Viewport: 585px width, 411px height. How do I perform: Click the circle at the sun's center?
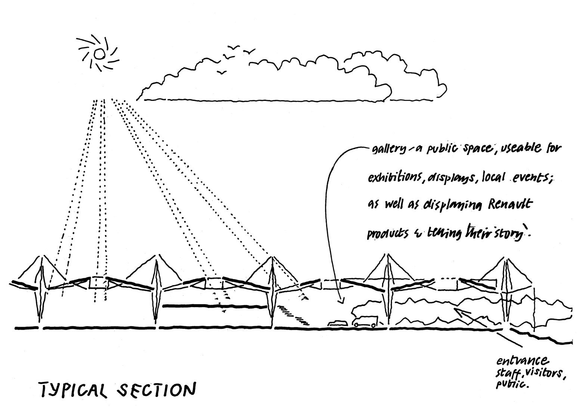tap(99, 54)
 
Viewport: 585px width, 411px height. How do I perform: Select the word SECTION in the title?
tap(157, 389)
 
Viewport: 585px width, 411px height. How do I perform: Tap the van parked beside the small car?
tap(365, 322)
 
